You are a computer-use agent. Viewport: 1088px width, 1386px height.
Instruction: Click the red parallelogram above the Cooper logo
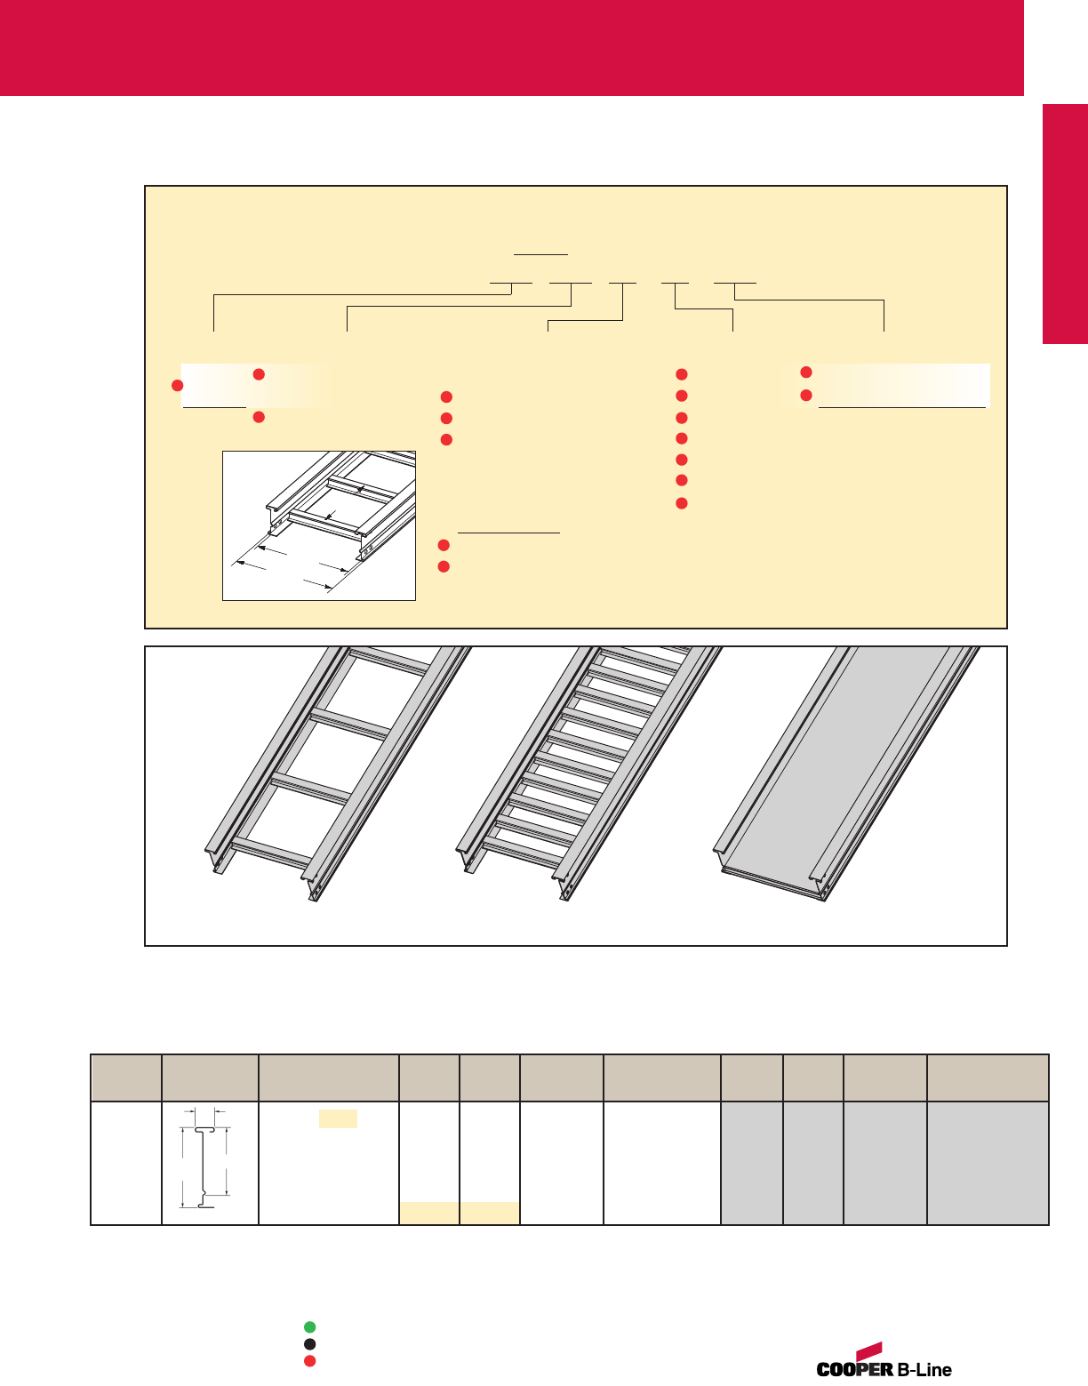click(869, 1350)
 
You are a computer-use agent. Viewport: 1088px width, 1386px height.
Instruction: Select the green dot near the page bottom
click(310, 1326)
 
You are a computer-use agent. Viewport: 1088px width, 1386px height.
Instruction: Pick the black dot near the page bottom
click(310, 1344)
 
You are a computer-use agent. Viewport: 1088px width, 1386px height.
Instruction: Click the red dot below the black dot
click(310, 1360)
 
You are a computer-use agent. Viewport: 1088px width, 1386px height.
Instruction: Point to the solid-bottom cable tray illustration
click(846, 773)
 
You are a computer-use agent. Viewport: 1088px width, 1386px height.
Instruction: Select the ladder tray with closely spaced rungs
click(588, 773)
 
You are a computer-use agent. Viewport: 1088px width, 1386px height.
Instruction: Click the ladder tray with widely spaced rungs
click(338, 773)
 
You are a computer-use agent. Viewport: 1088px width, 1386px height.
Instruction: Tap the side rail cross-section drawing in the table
click(205, 1166)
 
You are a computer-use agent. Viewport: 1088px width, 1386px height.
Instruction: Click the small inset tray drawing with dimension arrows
click(319, 525)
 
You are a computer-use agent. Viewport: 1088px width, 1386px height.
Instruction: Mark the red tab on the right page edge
click(1065, 224)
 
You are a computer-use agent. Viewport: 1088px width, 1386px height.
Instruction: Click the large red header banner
click(511, 48)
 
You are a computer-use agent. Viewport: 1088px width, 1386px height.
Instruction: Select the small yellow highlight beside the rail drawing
click(338, 1118)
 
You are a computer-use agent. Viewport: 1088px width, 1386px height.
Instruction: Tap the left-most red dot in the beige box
click(177, 385)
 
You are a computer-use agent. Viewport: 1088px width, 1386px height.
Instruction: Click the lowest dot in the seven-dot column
click(682, 503)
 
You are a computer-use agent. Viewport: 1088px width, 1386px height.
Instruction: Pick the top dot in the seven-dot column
click(682, 374)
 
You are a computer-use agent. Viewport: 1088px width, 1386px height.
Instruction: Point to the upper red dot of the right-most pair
click(806, 372)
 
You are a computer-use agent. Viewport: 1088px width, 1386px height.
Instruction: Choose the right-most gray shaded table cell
click(988, 1163)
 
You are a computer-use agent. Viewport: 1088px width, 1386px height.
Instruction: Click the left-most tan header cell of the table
click(126, 1078)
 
